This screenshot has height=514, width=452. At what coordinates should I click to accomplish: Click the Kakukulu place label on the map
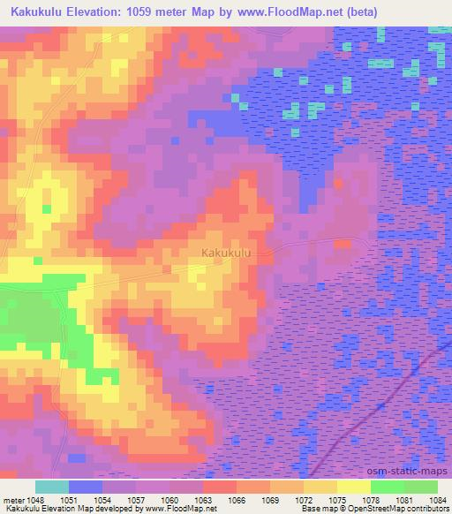point(227,253)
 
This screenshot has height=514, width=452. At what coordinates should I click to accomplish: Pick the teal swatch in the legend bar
point(52,487)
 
